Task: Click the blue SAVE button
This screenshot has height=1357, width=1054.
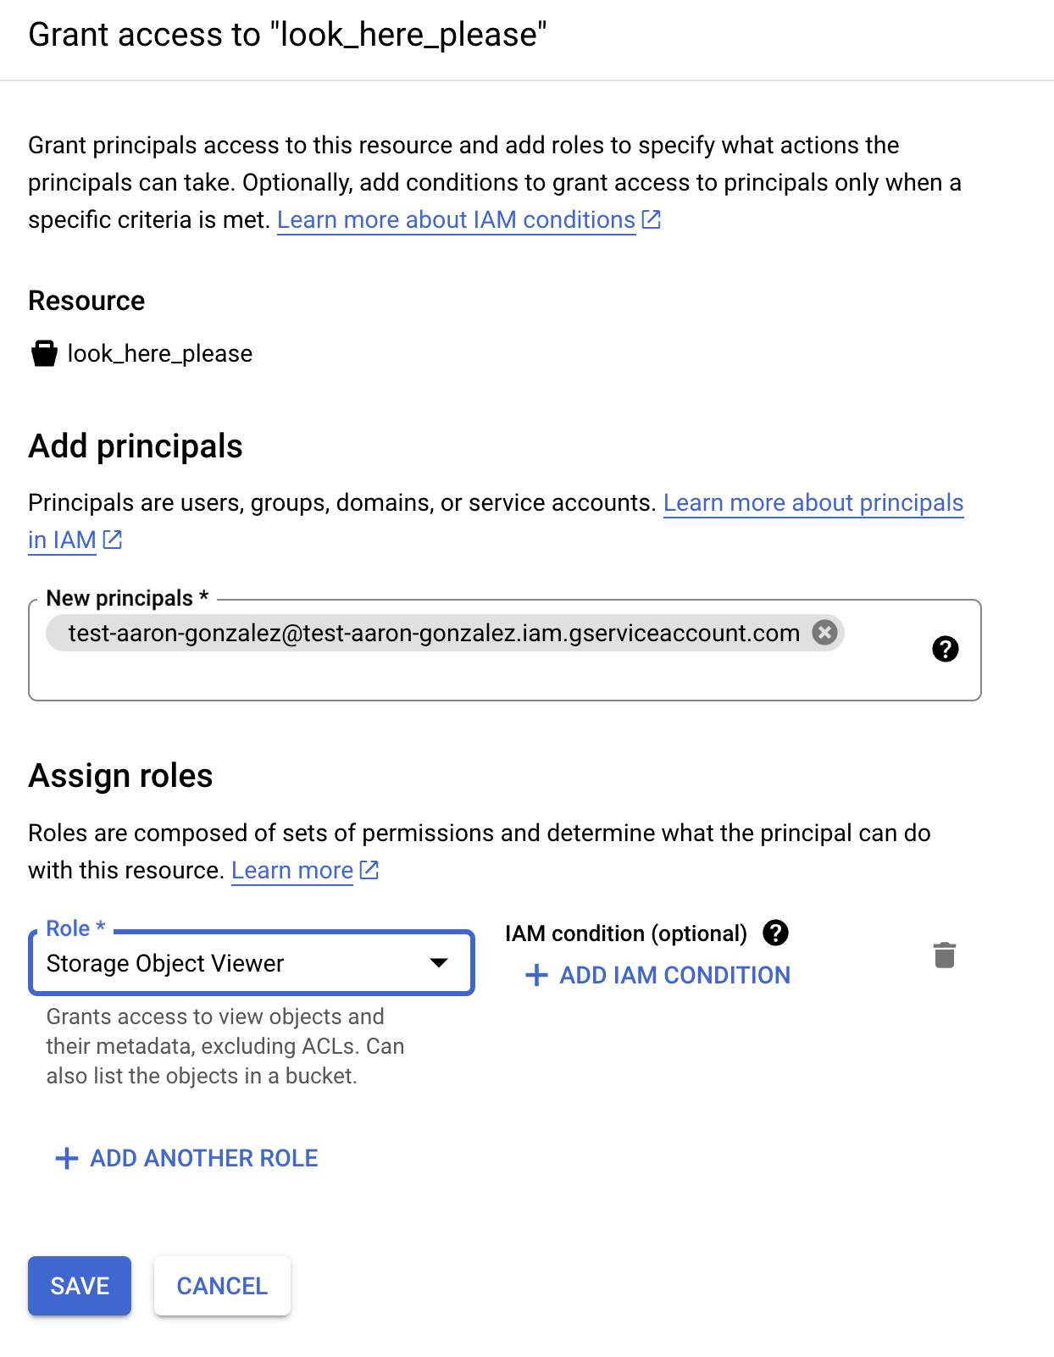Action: click(x=80, y=1286)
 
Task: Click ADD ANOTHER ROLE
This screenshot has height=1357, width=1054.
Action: click(x=203, y=1158)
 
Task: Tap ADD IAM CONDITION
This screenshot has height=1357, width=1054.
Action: click(x=674, y=975)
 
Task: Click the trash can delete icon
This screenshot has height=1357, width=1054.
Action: click(x=945, y=955)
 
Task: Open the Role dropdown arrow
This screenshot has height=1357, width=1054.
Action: click(x=438, y=962)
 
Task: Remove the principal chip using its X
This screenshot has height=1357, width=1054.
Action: click(x=824, y=632)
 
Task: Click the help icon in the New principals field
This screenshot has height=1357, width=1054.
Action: click(x=945, y=649)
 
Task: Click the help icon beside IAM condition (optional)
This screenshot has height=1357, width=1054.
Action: click(x=775, y=933)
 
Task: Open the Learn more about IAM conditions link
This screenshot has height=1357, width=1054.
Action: click(x=456, y=220)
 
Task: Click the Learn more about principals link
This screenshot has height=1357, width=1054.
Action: click(x=813, y=503)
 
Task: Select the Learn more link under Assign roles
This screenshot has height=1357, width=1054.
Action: click(x=292, y=871)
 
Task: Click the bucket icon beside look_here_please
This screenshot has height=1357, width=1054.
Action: click(x=44, y=353)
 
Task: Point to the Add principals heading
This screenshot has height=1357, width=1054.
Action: click(x=136, y=446)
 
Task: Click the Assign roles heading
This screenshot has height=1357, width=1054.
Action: click(x=120, y=776)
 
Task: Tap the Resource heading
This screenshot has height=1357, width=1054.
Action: click(x=86, y=301)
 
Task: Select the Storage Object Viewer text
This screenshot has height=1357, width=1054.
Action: click(x=165, y=963)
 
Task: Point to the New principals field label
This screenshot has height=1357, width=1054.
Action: click(x=119, y=598)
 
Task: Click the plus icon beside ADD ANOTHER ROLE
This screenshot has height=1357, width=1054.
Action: click(x=67, y=1158)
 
